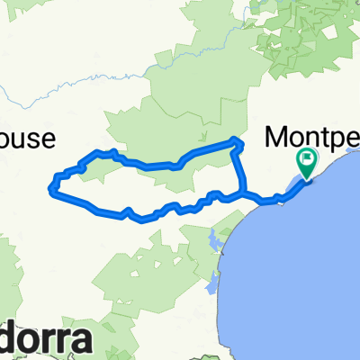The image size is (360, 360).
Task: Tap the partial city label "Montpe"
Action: click(x=310, y=136)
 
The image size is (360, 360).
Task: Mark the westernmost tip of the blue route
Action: click(x=49, y=188)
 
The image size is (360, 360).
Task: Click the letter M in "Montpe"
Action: click(x=278, y=136)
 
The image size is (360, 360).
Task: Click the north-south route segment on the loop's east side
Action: click(x=238, y=166)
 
